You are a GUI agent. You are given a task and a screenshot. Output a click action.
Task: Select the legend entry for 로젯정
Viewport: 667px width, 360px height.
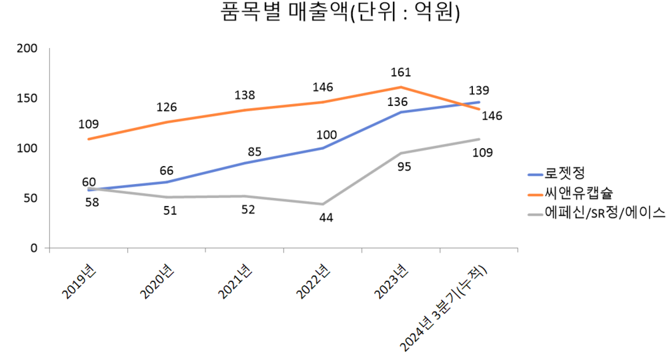(564, 175)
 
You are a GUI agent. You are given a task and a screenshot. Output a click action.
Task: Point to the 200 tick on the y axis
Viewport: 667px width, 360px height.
(28, 49)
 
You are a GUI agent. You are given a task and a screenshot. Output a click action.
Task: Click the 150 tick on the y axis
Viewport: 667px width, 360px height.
(28, 99)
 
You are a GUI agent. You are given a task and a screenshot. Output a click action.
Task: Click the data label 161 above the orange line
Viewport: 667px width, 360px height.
(400, 72)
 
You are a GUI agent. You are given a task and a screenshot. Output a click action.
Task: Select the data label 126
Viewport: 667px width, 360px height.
(167, 107)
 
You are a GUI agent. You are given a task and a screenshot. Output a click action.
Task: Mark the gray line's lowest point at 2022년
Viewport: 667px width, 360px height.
(323, 204)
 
